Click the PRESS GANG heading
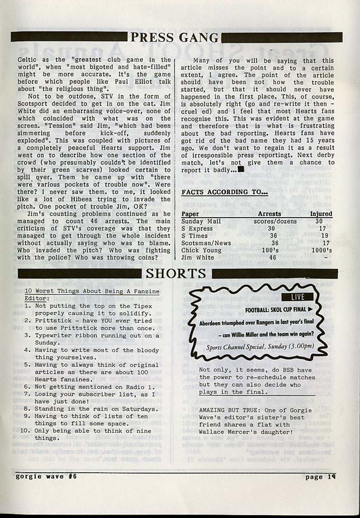[174, 37]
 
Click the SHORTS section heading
[176, 274]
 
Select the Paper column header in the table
[191, 214]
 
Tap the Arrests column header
[269, 214]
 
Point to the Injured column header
[321, 214]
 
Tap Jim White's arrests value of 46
[272, 257]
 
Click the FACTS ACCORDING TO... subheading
[225, 193]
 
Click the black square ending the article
[240, 169]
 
